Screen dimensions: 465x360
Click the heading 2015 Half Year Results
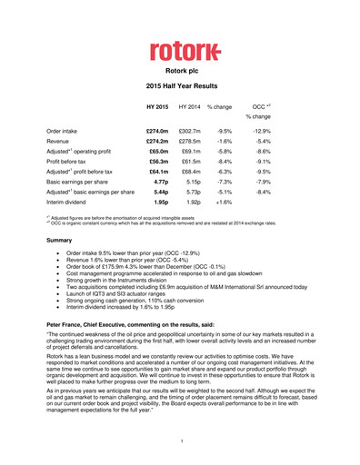[x=180, y=84]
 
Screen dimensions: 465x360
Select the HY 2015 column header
[x=156, y=107]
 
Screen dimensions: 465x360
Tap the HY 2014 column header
[x=189, y=107]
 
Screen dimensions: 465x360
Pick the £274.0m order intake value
[x=156, y=132]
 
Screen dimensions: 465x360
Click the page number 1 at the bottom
[x=180, y=442]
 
